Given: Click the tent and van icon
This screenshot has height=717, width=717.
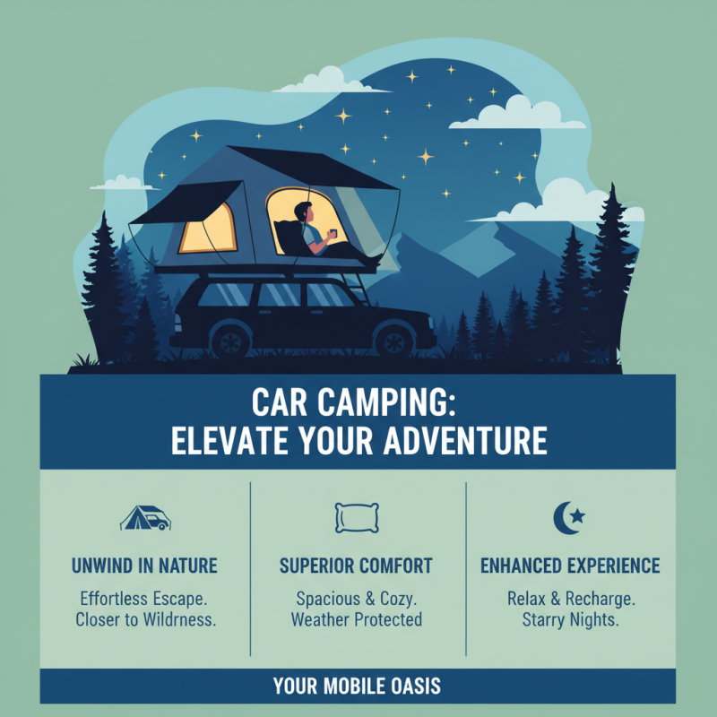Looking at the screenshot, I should [144, 518].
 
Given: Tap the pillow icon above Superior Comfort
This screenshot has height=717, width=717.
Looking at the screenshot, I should [356, 517].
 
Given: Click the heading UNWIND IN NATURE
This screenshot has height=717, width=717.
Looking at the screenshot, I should [144, 566].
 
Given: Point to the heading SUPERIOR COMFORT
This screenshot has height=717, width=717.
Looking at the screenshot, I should [356, 566].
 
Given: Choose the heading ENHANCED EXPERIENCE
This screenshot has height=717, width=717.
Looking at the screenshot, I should [570, 566].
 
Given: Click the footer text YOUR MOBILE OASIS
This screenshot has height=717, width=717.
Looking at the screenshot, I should [357, 687].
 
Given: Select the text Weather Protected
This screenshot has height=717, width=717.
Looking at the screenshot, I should [356, 619].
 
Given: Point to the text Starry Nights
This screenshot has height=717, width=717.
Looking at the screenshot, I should [570, 619].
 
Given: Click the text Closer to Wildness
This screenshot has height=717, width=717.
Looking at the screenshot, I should [144, 619].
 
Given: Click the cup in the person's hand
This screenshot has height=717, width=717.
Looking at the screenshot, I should [331, 235].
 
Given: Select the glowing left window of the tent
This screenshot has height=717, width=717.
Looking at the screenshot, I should [207, 228].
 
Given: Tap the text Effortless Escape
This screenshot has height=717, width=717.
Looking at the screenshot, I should [144, 597].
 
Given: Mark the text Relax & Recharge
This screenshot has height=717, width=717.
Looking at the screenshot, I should [570, 597].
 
